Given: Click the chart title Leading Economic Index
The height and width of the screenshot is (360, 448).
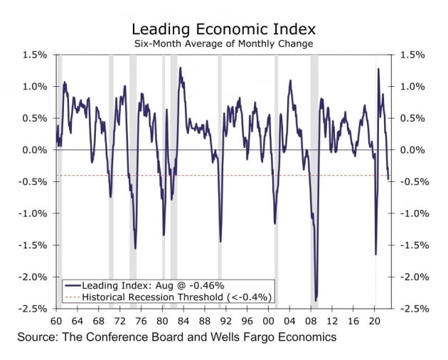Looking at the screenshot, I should coord(224,29).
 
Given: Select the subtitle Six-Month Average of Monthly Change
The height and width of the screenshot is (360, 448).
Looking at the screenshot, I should coord(224,44).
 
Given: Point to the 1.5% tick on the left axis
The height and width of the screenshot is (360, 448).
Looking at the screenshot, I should coord(35,55).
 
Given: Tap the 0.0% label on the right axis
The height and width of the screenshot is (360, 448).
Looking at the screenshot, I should coord(414,150).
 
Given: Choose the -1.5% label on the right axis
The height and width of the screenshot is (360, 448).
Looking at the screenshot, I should coord(414,245).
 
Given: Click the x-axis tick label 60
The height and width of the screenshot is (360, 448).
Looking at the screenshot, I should coord(56,319).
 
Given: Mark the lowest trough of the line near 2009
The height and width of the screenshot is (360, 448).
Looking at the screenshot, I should coord(316,300).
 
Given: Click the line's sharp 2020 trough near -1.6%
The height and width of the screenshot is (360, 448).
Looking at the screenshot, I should coord(375,254).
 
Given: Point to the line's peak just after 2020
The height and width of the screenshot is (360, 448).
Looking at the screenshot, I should coord(378,69).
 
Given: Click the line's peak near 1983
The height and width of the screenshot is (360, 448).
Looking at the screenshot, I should coord(180,68).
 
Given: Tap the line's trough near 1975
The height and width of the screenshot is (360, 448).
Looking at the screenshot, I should coord(134,248).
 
